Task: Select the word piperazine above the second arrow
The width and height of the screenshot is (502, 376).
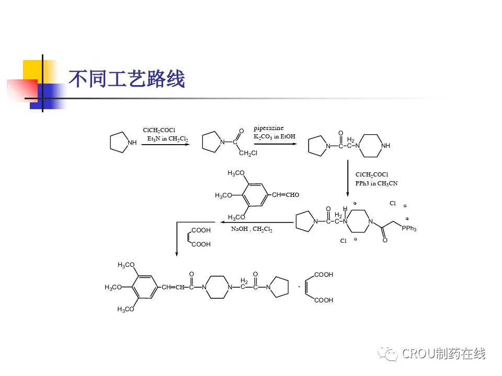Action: click(268, 128)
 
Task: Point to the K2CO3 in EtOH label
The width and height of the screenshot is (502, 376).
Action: click(275, 136)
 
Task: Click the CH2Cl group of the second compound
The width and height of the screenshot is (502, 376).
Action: click(248, 153)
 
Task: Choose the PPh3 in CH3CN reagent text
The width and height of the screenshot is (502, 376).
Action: click(376, 183)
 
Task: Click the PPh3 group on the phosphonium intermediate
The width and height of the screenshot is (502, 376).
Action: click(409, 229)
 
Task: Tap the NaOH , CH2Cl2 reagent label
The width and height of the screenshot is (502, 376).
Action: click(252, 229)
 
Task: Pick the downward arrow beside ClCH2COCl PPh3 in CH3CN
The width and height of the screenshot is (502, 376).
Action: click(348, 178)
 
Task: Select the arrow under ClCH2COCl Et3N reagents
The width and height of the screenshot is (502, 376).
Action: click(165, 145)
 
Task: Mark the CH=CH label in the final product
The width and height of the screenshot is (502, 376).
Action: click(173, 287)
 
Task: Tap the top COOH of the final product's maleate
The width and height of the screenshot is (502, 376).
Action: click(323, 275)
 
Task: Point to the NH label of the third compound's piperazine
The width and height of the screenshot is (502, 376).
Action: click(385, 146)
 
